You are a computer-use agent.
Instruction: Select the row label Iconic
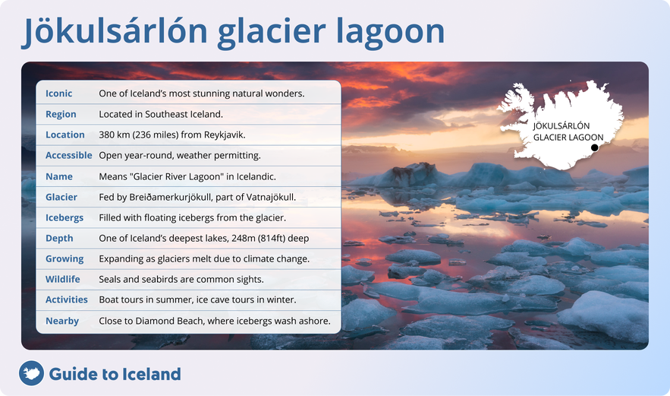pyautogui.click(x=59, y=93)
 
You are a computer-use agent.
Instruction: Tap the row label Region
pyautogui.click(x=61, y=114)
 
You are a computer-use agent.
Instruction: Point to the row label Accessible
pyautogui.click(x=69, y=155)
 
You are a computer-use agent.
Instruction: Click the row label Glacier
pyautogui.click(x=61, y=197)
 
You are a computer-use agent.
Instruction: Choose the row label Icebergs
pyautogui.click(x=64, y=217)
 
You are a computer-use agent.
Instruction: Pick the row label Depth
pyautogui.click(x=59, y=238)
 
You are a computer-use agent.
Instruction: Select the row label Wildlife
pyautogui.click(x=63, y=279)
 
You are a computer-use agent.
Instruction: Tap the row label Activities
pyautogui.click(x=67, y=299)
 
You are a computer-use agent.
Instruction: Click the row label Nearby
pyautogui.click(x=62, y=321)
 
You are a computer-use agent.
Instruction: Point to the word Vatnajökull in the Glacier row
pyautogui.click(x=269, y=197)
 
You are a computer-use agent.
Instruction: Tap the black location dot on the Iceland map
pyautogui.click(x=595, y=148)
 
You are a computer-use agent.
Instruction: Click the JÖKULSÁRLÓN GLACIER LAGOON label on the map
pyautogui.click(x=562, y=131)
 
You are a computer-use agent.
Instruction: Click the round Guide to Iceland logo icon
pyautogui.click(x=31, y=374)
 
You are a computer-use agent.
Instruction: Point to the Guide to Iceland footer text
pyautogui.click(x=115, y=374)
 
